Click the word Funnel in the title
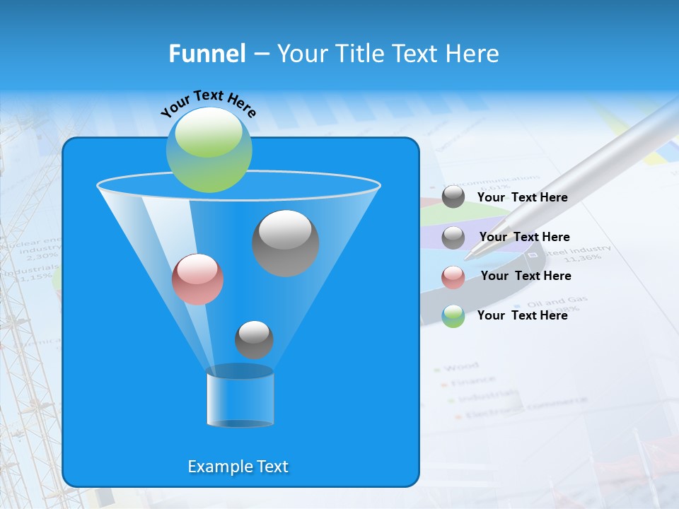207,54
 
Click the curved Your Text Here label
208,103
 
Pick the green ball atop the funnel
209,149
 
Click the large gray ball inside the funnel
286,242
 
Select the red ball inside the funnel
197,279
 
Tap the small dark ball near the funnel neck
254,339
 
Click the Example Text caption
238,467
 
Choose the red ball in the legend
453,277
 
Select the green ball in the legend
453,316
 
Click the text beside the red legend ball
526,276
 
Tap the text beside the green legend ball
522,315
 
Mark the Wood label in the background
460,366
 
